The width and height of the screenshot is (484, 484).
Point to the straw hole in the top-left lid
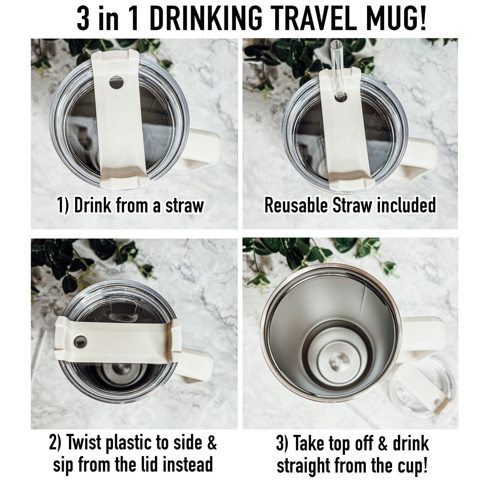117,83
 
